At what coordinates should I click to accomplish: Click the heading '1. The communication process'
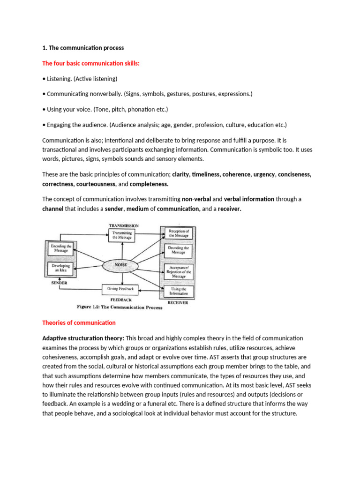click(83, 48)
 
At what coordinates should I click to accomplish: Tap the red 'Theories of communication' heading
click(79, 322)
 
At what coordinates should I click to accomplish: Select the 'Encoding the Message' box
click(60, 248)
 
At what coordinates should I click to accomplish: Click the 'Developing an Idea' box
click(60, 269)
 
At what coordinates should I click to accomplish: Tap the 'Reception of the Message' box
click(178, 233)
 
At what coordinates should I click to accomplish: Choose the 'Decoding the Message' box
click(178, 250)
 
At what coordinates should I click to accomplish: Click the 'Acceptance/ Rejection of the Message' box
click(178, 271)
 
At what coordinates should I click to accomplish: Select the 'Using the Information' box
click(178, 291)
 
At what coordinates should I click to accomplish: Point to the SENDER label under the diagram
click(59, 283)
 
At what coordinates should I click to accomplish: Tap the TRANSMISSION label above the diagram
click(124, 225)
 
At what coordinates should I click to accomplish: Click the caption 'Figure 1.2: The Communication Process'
click(120, 307)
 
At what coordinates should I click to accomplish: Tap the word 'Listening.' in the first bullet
click(59, 78)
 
